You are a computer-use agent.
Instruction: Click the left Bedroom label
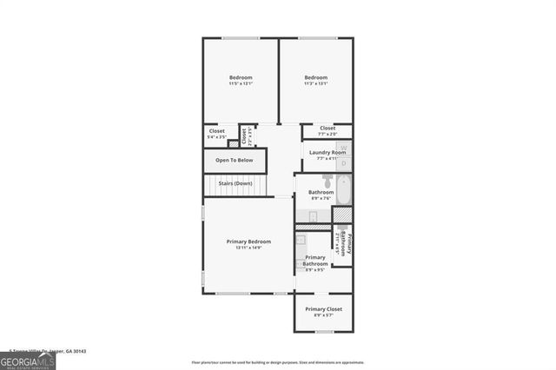(241, 77)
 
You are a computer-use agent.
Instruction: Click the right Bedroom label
(315, 77)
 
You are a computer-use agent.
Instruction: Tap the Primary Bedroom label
(248, 241)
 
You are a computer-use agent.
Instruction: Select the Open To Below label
(235, 160)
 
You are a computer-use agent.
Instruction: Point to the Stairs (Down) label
(235, 183)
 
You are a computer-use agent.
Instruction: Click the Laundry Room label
(326, 153)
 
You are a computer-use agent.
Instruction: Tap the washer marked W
(343, 148)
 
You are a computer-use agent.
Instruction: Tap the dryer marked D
(343, 163)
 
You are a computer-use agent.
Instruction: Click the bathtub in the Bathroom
(344, 189)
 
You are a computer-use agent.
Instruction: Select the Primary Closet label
(323, 309)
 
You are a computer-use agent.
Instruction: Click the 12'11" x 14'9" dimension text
(248, 248)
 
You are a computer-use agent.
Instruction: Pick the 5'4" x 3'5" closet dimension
(216, 137)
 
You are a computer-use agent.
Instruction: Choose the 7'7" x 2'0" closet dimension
(328, 135)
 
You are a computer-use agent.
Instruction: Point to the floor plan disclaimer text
(278, 361)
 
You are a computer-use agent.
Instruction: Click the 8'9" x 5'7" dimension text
(323, 315)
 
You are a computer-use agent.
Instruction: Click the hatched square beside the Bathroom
(343, 215)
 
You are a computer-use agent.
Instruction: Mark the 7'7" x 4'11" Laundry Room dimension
(326, 159)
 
